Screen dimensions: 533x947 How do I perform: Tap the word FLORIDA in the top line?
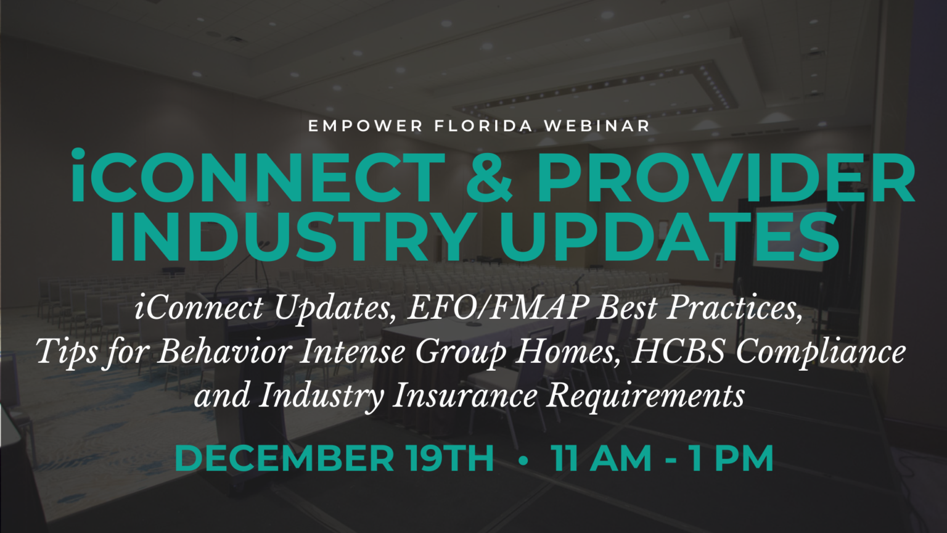(x=483, y=126)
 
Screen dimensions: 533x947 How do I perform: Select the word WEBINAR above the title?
(x=597, y=126)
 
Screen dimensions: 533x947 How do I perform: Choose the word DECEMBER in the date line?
(x=284, y=458)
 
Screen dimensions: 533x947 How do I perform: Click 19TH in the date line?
(x=450, y=458)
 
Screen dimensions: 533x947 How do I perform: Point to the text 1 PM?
(x=731, y=458)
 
